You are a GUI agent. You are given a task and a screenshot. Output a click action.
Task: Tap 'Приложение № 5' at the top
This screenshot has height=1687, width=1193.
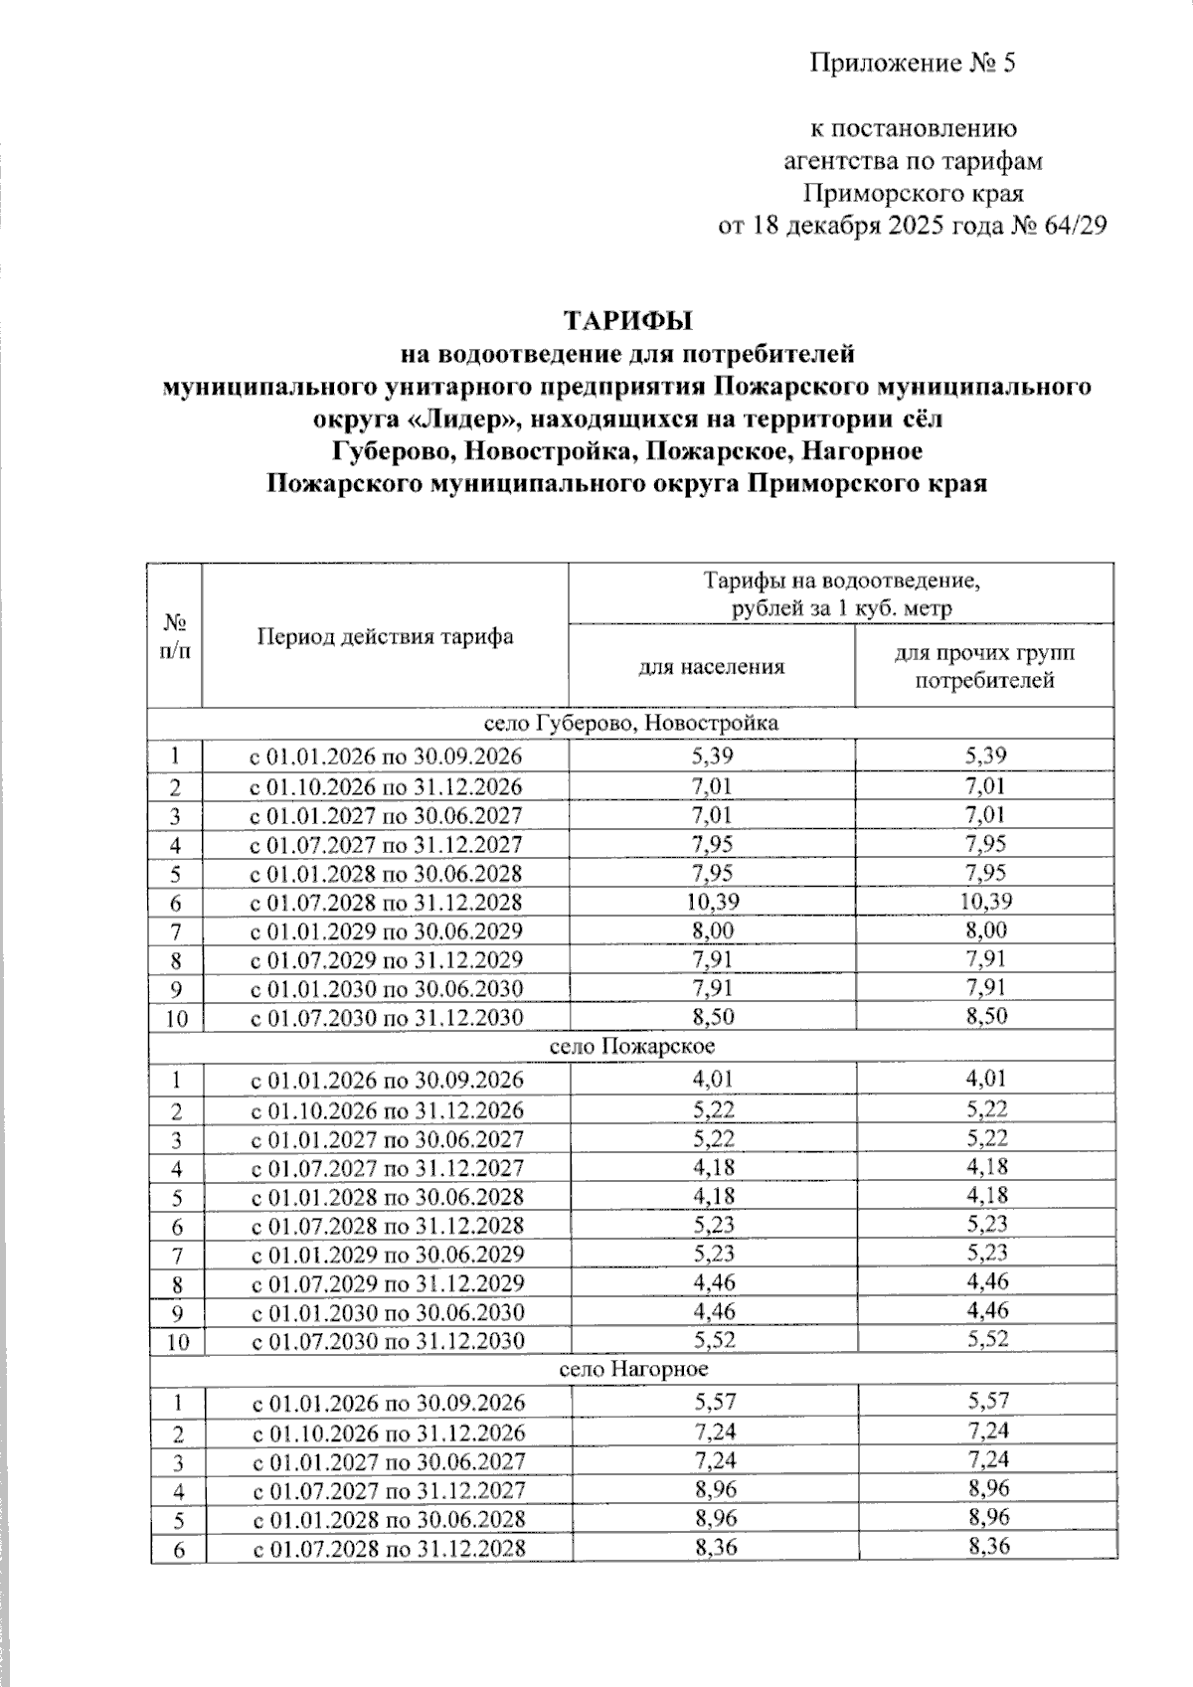coord(913,64)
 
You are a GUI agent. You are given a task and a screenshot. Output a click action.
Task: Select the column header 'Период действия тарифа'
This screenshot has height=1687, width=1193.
coord(385,636)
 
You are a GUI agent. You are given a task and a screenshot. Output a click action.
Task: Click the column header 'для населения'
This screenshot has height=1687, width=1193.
coord(711,666)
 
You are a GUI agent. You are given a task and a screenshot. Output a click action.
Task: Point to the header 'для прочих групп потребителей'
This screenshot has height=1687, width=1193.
coord(983,666)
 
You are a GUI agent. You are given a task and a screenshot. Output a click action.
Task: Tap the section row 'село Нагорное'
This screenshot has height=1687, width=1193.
coord(633,1369)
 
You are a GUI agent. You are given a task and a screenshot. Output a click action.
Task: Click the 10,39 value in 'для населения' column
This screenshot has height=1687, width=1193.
coord(711,901)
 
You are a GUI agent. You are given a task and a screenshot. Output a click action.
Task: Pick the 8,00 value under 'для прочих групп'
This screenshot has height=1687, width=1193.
coord(984,929)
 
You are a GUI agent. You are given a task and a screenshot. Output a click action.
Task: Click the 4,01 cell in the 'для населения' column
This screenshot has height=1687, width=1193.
coord(712,1079)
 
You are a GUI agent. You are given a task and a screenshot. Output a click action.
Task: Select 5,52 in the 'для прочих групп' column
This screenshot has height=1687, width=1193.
coord(985,1338)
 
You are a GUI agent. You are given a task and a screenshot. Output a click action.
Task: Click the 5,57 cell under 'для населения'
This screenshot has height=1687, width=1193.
coord(713,1401)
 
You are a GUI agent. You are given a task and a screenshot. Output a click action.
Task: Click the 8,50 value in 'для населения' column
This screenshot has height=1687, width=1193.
coord(712,1015)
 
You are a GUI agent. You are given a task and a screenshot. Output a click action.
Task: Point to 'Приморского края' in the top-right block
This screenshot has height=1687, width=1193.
coord(913,192)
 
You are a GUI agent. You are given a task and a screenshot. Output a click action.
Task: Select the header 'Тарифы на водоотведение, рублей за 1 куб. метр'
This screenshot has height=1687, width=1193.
coord(840,593)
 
